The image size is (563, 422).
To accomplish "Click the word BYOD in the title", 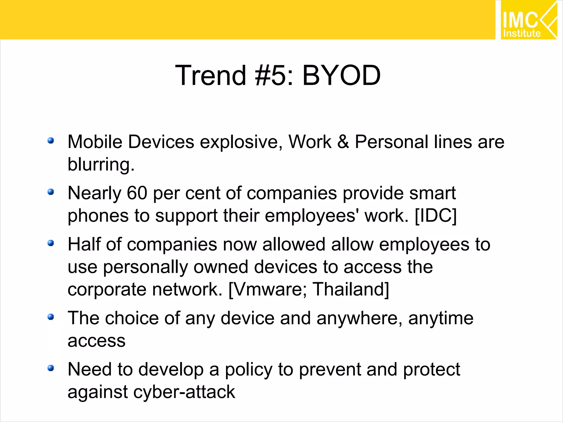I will (x=341, y=76).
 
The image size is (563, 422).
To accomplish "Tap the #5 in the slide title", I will (x=271, y=76).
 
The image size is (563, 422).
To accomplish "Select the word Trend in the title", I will (x=210, y=76).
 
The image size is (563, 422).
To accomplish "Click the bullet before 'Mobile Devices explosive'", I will (x=51, y=141).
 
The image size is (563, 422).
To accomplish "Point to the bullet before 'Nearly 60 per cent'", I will (x=51, y=192).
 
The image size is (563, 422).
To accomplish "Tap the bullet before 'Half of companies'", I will (x=51, y=243).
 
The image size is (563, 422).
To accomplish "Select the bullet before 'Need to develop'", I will (x=51, y=368).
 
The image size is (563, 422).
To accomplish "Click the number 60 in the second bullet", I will (x=137, y=193).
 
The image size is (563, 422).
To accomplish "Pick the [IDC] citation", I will (x=435, y=216).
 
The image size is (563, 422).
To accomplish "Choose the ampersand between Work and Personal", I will (x=343, y=142).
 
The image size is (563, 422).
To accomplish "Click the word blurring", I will (x=101, y=165).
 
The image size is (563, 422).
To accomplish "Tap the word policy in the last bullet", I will (x=249, y=370).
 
